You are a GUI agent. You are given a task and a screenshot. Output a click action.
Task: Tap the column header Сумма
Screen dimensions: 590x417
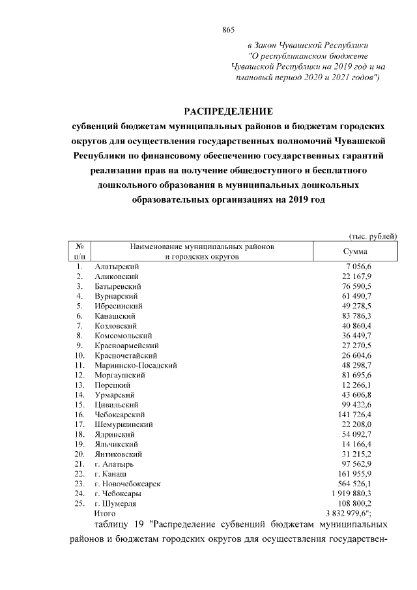pyautogui.click(x=354, y=252)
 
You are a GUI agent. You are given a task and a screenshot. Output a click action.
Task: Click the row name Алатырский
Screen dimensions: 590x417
pyautogui.click(x=117, y=267)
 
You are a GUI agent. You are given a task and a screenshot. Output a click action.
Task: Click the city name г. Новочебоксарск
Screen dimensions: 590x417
pyautogui.click(x=127, y=484)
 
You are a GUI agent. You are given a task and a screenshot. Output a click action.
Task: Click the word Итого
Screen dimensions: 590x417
pyautogui.click(x=105, y=513)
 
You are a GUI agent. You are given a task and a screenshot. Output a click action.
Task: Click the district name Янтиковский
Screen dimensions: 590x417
pyautogui.click(x=119, y=454)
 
